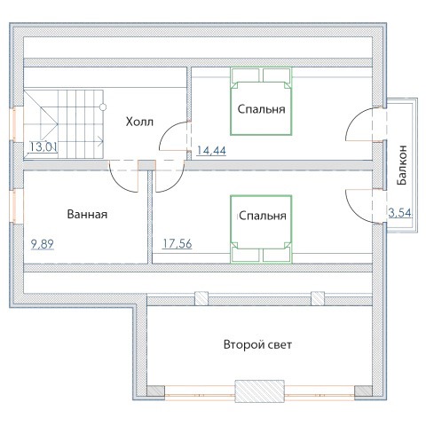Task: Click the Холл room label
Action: [x=139, y=122]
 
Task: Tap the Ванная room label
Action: [x=87, y=214]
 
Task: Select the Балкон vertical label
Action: [x=402, y=165]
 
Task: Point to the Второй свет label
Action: [x=257, y=345]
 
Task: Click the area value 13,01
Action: [x=43, y=146]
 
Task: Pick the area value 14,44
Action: [x=211, y=151]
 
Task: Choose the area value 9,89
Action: [x=43, y=244]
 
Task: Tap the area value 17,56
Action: [x=177, y=244]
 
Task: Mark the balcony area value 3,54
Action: [x=400, y=213]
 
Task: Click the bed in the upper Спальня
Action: [x=261, y=101]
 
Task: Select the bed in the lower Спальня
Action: [x=261, y=229]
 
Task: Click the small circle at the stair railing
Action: [x=103, y=107]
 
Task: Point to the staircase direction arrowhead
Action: [x=100, y=141]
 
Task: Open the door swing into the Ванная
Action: [x=123, y=177]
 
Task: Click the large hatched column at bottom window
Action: [x=259, y=391]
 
